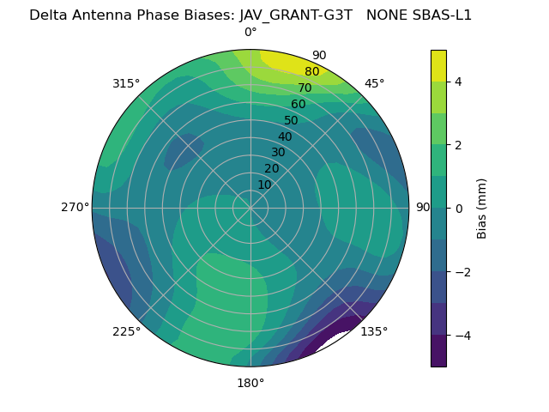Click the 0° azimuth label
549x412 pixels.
pos(250,33)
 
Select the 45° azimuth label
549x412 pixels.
pos(374,83)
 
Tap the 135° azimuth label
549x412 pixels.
pos(374,331)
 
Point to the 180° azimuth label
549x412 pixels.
pos(250,383)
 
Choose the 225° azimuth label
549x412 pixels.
pos(126,331)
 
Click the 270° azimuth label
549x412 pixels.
pos(75,207)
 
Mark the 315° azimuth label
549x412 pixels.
pos(126,83)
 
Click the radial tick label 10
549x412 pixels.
pos(264,185)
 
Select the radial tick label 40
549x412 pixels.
pos(285,136)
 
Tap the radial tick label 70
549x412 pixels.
pos(305,88)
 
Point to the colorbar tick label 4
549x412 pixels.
pos(459,82)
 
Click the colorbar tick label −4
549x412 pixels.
pos(462,335)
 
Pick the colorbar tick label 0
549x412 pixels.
pos(459,208)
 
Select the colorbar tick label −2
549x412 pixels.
pos(462,271)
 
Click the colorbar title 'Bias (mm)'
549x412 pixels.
pos(482,208)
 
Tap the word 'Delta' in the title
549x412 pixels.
pos(47,15)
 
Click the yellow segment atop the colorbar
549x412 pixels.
pos(438,65)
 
